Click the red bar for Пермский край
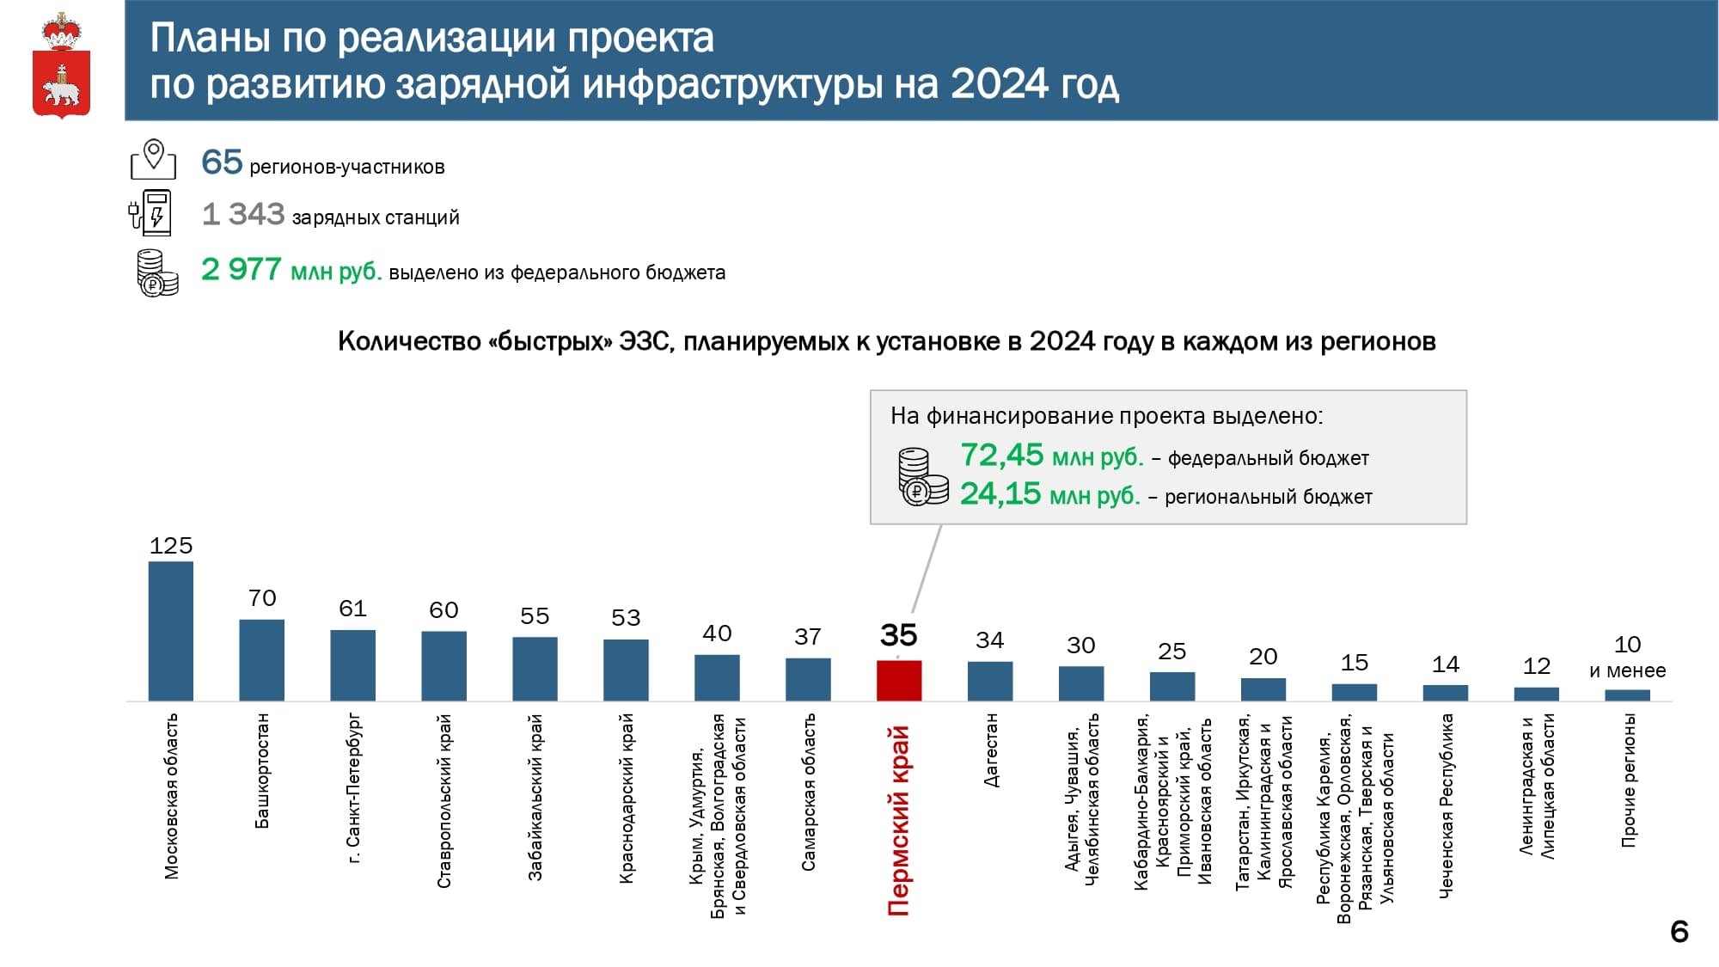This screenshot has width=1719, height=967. pos(899,680)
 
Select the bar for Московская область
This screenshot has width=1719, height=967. pos(170,631)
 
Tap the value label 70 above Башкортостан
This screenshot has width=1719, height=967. pos(262,597)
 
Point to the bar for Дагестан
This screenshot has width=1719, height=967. pos(990,681)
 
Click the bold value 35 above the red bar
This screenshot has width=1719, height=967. pos(899,635)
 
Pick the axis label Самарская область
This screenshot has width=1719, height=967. pos(808,792)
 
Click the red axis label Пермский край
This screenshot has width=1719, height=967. pos(898,821)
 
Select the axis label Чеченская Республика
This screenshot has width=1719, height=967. pos(1446,805)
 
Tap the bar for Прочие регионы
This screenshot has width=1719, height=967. pos(1627,695)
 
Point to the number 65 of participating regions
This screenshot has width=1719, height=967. pos(222,162)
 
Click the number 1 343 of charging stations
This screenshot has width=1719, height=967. pos(243,214)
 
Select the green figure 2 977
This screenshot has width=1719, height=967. pos(242,269)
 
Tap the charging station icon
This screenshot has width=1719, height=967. pos(151,213)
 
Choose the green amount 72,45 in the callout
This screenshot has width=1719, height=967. pos(1002,455)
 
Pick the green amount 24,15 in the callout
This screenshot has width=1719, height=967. pos(1000,493)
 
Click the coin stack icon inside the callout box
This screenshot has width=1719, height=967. pos(922,476)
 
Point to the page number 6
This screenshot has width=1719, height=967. pos(1679,932)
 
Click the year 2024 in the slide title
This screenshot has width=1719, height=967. pos(1000,84)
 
